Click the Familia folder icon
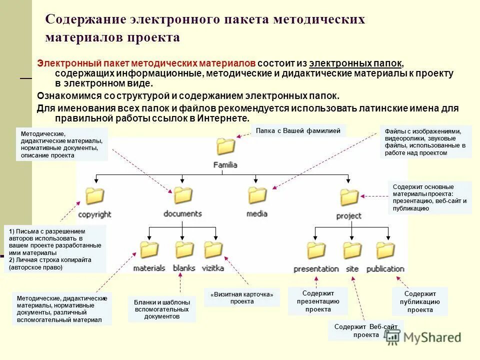tap(225, 147)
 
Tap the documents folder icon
tap(182, 195)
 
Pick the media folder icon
tap(257, 195)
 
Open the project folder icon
tap(349, 197)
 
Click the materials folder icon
tap(149, 249)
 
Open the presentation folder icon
tap(316, 250)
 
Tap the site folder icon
tap(352, 250)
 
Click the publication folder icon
tap(385, 250)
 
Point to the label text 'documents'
tap(182, 213)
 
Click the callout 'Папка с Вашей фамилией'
tap(298, 131)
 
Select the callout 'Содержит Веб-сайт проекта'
tap(366, 330)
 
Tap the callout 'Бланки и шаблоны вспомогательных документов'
tap(161, 309)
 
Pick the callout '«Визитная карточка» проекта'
tap(242, 298)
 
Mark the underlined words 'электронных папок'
tap(355, 63)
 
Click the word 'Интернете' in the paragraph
tap(222, 118)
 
